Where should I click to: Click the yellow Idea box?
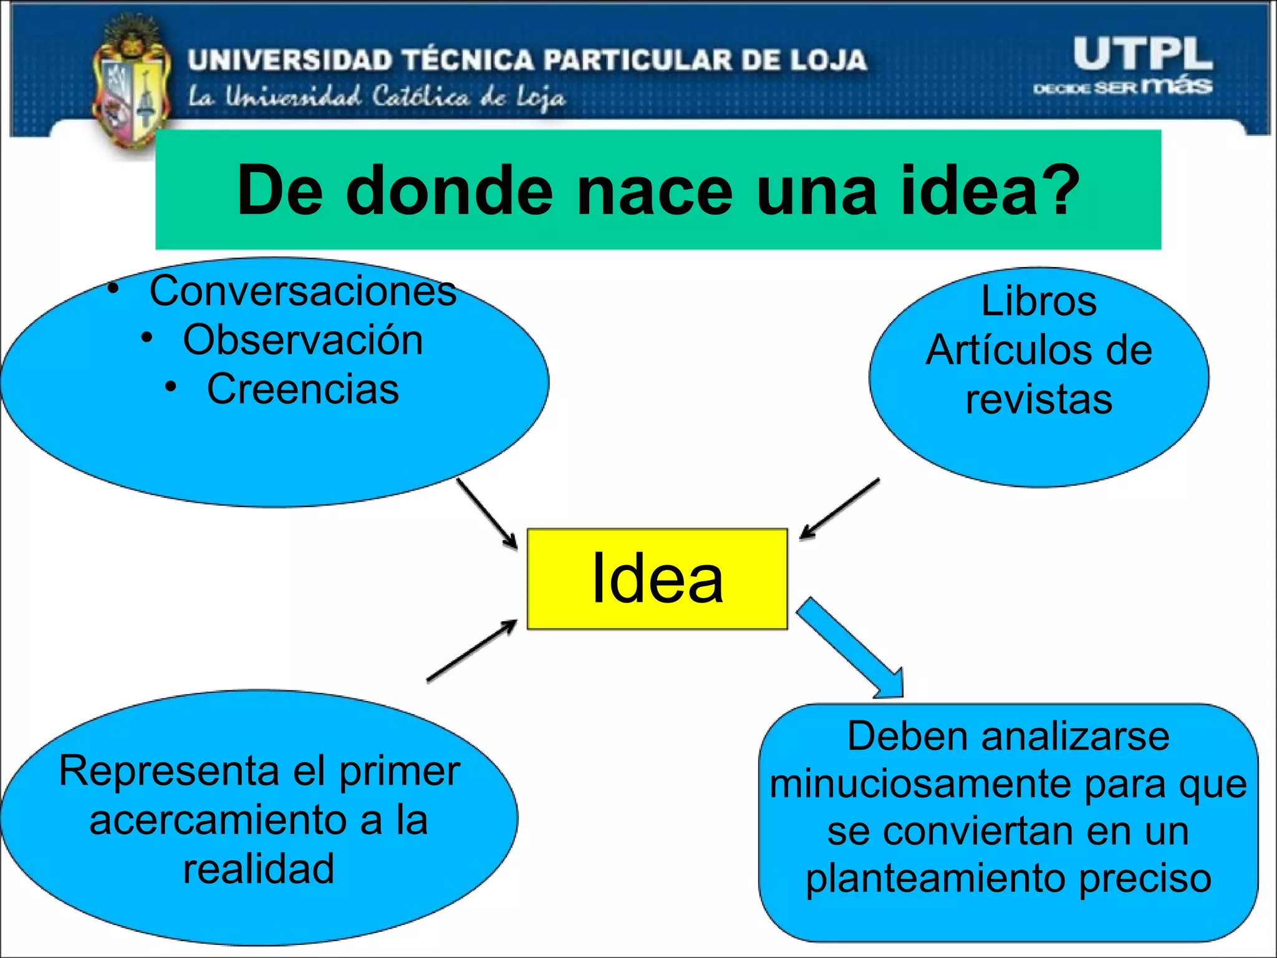[657, 579]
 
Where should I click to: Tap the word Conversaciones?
[302, 291]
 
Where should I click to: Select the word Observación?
[302, 341]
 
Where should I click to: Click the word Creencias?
[302, 389]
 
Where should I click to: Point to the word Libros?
[1038, 301]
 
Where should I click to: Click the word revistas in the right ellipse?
[1038, 399]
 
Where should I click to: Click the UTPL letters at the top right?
[1142, 54]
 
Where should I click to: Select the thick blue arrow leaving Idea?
[851, 649]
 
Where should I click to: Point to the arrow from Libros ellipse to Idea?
[839, 508]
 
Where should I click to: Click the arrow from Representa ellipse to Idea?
[472, 651]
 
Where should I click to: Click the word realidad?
[258, 869]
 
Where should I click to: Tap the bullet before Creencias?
[171, 387]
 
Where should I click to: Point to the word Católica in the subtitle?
[421, 97]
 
